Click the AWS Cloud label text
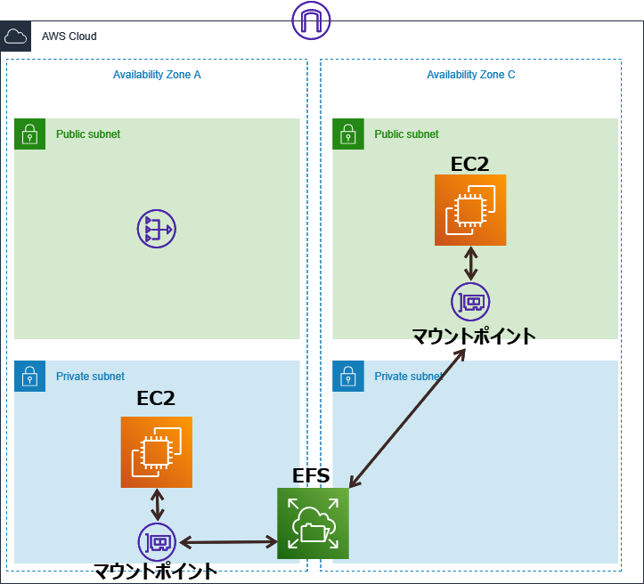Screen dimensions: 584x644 click(x=69, y=36)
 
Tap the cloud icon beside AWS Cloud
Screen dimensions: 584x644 click(x=16, y=36)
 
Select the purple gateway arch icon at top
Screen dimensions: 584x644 click(x=311, y=20)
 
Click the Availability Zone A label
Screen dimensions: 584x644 click(x=157, y=75)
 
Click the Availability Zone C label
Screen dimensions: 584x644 click(x=470, y=75)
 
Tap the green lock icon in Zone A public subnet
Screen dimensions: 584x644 click(x=29, y=134)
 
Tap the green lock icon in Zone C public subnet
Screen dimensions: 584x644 click(x=347, y=134)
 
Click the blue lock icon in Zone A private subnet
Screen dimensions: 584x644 click(x=29, y=377)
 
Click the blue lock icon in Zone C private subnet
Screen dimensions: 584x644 click(x=347, y=377)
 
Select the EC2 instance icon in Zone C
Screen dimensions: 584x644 click(x=470, y=210)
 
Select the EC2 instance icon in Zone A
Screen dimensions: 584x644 click(x=157, y=452)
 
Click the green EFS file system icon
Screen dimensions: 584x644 click(x=313, y=523)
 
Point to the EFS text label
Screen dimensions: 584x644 click(x=311, y=475)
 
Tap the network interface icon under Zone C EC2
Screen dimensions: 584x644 click(x=470, y=302)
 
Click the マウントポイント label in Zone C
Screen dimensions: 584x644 click(x=473, y=336)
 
